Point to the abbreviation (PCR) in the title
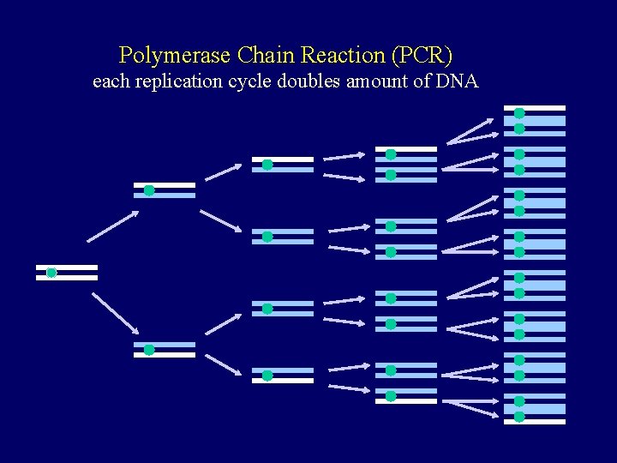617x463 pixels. pos(421,56)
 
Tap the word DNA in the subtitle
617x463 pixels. pos(458,82)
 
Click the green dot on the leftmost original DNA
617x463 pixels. pos(51,273)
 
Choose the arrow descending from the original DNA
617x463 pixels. pos(115,312)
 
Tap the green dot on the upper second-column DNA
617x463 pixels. pos(149,190)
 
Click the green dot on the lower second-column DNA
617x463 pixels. pos(149,350)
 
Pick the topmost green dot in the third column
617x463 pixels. pos(267,165)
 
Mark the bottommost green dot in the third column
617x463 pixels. pos(267,376)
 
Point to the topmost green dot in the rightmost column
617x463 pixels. pos(519,112)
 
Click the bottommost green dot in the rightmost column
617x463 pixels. pos(519,417)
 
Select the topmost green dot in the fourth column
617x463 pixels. pos(391,154)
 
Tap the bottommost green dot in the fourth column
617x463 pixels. pos(391,396)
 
